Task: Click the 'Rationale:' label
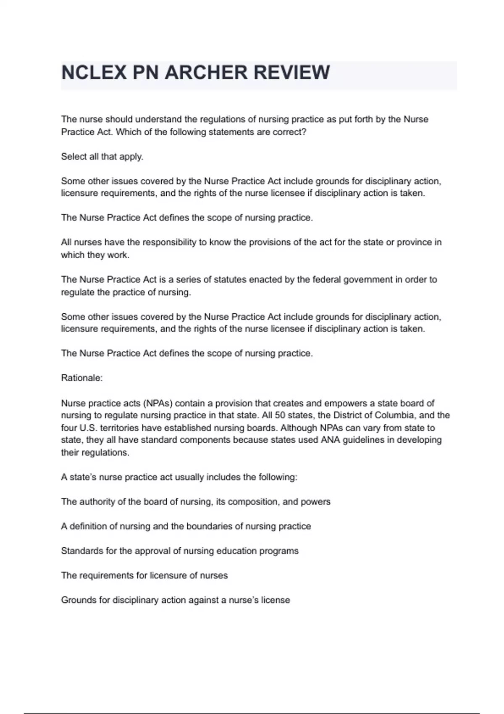point(82,378)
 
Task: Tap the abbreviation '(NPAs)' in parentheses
point(158,403)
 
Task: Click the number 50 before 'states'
point(280,415)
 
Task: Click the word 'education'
point(236,551)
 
